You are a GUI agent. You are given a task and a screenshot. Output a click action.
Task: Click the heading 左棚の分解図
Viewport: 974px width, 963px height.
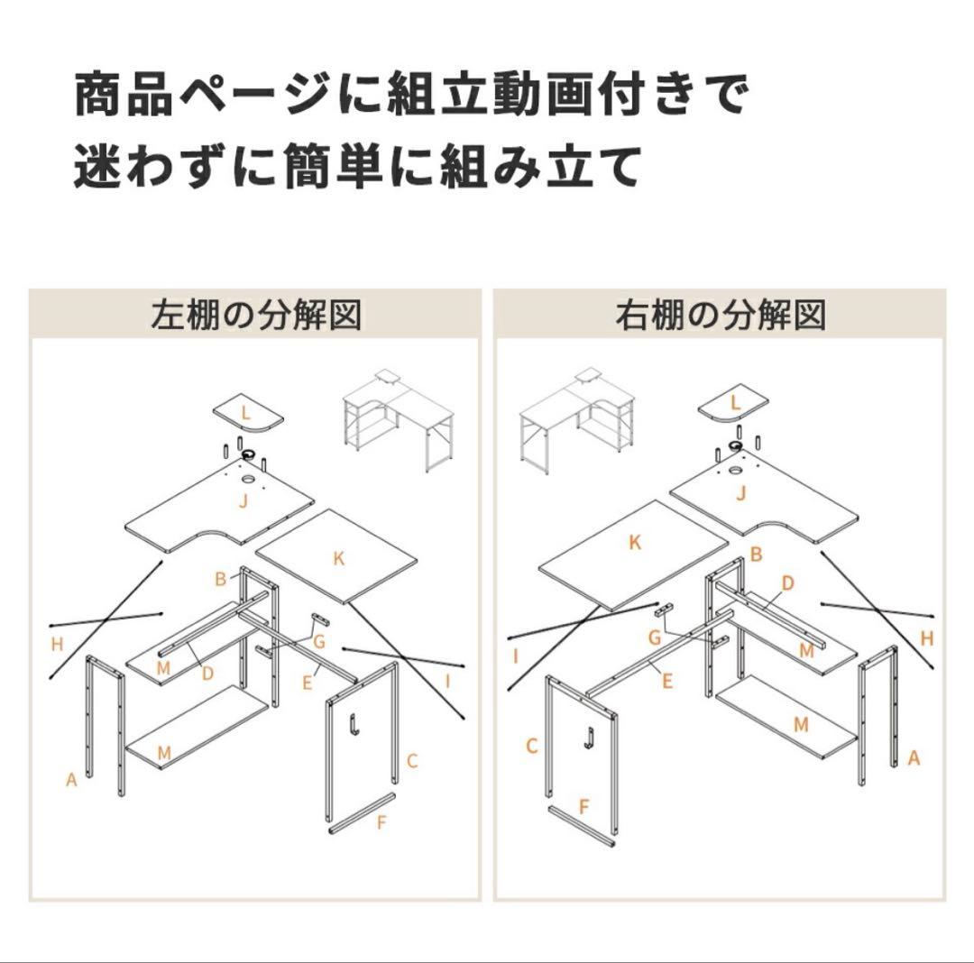tap(256, 316)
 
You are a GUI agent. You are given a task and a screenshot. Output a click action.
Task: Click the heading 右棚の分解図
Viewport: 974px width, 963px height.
tap(721, 316)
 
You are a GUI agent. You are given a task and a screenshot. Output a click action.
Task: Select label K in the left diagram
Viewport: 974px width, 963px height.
tap(339, 558)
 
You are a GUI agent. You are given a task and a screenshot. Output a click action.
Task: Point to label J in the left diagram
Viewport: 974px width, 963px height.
tap(243, 502)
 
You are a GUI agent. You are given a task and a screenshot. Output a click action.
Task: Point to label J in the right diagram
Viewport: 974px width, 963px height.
tap(741, 492)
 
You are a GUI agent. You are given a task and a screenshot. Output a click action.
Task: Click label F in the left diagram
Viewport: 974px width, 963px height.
tap(381, 822)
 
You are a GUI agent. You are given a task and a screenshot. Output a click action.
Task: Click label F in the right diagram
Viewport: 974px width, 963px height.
tap(584, 806)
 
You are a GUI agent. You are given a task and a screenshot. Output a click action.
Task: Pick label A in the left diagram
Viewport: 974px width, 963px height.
tap(71, 779)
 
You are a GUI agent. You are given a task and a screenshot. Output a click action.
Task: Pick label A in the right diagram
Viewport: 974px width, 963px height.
tap(913, 758)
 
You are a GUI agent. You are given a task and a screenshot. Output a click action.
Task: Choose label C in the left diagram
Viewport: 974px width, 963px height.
tap(412, 760)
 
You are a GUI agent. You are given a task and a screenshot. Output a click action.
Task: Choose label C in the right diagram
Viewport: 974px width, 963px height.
tap(532, 746)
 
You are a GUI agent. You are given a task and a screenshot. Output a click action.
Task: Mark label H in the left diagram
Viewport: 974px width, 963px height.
tap(58, 644)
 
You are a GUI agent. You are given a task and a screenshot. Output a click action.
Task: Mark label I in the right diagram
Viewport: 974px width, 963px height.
tap(516, 656)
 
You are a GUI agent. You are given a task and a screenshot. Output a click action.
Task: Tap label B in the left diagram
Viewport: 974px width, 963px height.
tap(220, 579)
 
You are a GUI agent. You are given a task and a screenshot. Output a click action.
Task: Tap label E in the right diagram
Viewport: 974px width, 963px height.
tap(666, 681)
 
